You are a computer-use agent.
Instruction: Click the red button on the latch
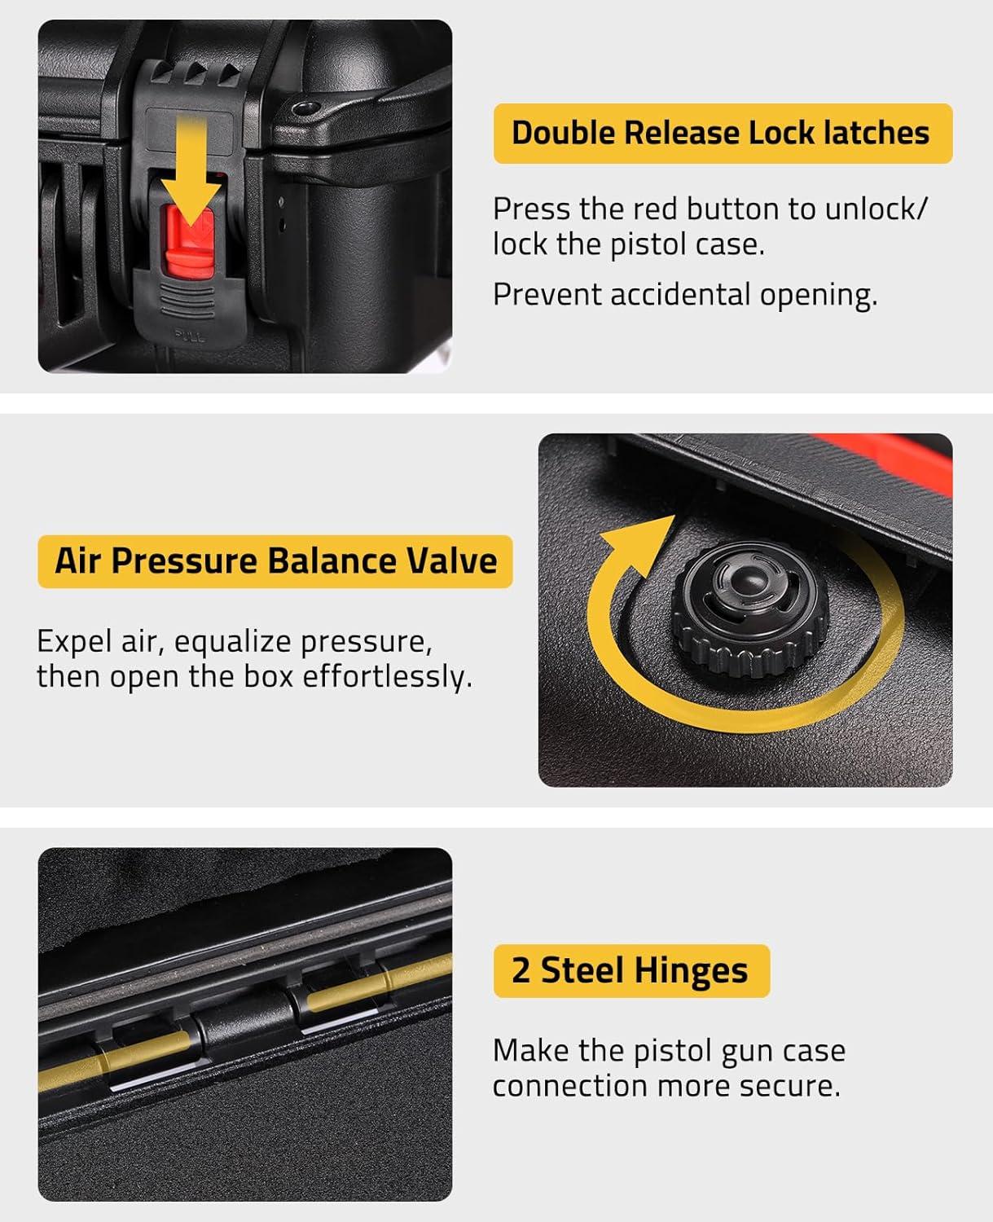tap(190, 240)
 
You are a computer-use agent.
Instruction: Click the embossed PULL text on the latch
tap(190, 336)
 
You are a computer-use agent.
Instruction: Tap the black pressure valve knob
tap(749, 607)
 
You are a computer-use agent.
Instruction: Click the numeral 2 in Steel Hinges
tap(521, 971)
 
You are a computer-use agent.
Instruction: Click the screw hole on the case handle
tap(305, 108)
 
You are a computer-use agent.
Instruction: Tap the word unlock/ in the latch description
tap(876, 209)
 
